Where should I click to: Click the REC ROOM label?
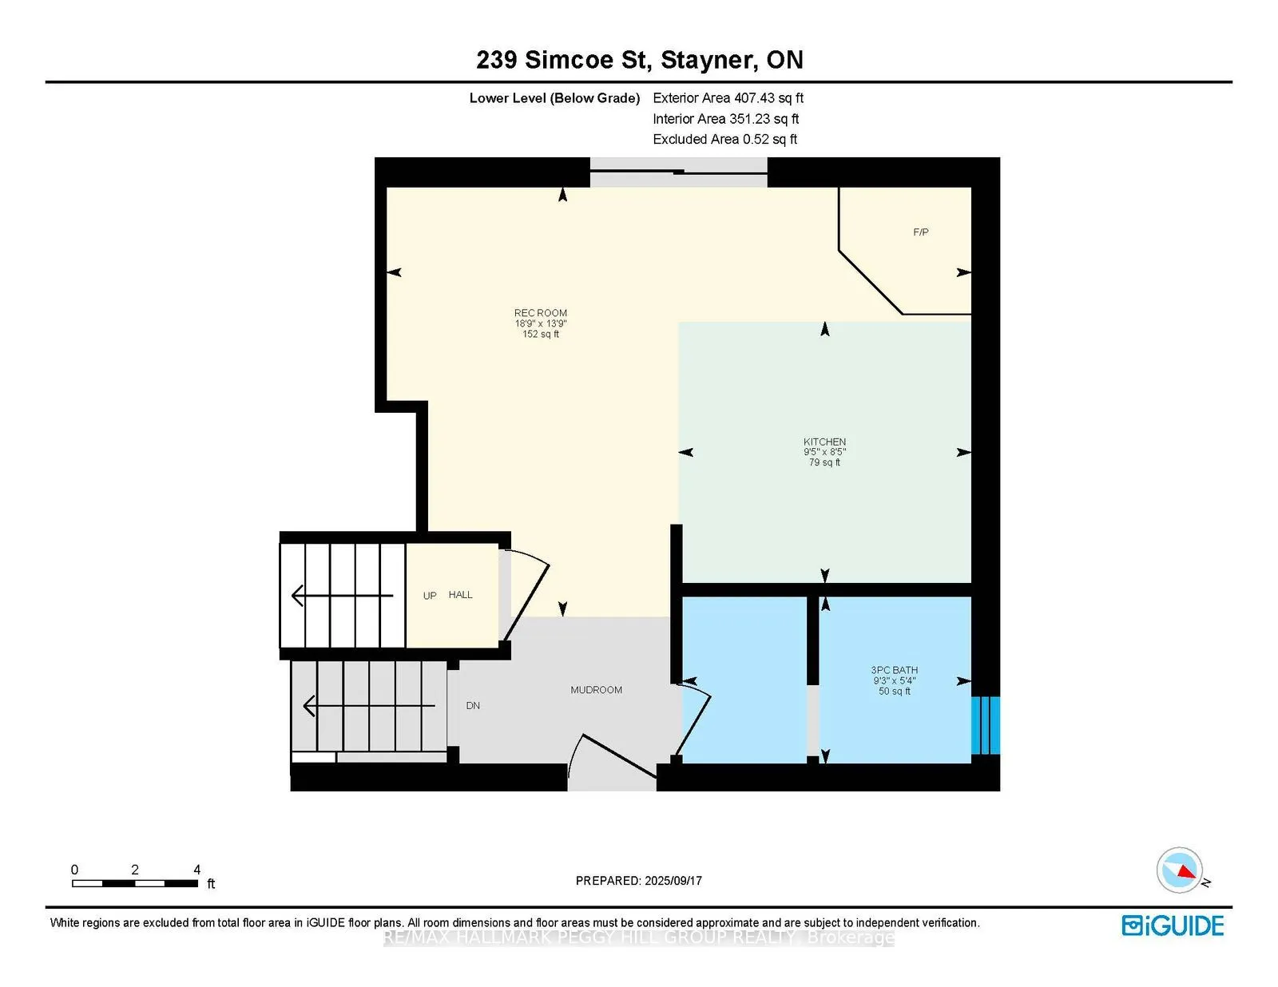541,314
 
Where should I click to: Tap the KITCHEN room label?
824,442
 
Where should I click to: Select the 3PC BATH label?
894,671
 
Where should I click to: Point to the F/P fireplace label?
920,232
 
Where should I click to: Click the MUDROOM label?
596,690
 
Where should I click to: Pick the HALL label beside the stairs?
460,595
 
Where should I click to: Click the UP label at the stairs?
430,596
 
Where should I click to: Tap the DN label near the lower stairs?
473,706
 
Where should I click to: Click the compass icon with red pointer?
1180,870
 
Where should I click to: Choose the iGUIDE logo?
1173,926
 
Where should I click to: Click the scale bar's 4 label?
196,870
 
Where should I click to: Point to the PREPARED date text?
638,881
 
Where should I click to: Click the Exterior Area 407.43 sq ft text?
728,98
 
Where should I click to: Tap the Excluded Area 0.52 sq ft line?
724,139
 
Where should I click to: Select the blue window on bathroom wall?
986,725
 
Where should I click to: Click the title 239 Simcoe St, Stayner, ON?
639,60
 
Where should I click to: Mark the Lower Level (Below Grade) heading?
554,98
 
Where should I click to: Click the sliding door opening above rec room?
678,172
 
